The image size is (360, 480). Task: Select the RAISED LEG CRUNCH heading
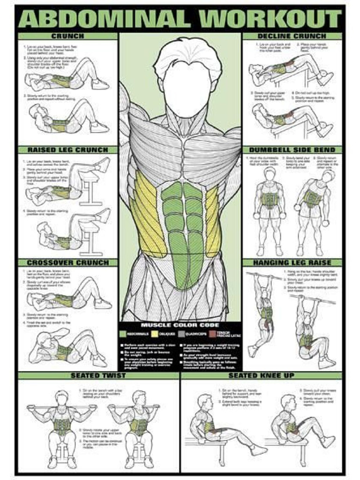(67, 150)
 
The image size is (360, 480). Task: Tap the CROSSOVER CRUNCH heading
(67, 262)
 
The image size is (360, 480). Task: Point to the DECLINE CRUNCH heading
(292, 36)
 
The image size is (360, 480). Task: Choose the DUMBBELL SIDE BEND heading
(292, 150)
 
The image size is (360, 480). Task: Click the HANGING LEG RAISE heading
(292, 262)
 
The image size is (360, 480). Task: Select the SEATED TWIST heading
(98, 375)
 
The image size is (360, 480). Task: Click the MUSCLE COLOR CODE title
(180, 325)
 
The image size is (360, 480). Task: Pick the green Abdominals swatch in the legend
(123, 334)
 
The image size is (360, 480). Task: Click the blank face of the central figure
(187, 89)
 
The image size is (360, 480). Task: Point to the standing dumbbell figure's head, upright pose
(270, 174)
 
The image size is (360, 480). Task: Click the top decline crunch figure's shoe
(325, 77)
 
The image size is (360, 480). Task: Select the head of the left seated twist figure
(62, 398)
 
